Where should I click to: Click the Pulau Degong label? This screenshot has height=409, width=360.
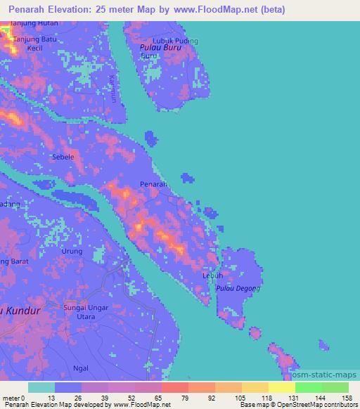pyautogui.click(x=238, y=288)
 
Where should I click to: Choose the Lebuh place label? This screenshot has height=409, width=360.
pyautogui.click(x=213, y=275)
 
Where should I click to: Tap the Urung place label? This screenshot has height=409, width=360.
pyautogui.click(x=72, y=251)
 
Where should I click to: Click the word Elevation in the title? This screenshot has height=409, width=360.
pyautogui.click(x=77, y=10)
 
